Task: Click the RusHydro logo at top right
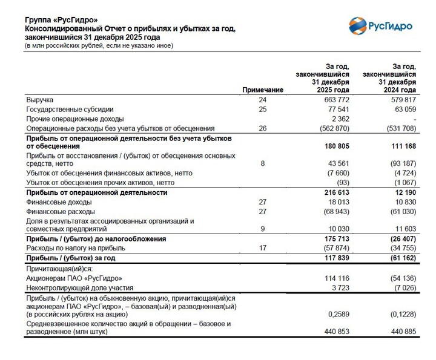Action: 381,26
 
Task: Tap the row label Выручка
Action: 40,99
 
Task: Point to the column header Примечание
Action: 263,90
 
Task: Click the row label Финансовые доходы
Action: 59,202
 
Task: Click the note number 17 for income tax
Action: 263,248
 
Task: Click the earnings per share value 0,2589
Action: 339,314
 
